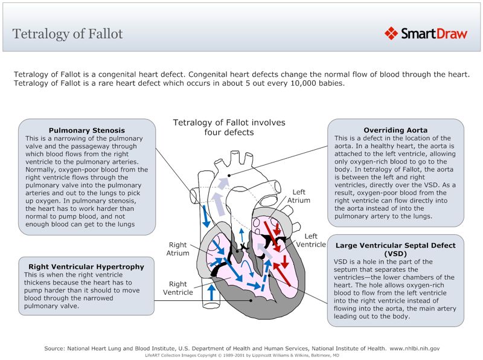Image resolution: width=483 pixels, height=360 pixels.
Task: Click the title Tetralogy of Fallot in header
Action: point(68,33)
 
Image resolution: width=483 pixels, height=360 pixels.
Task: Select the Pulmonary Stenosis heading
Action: point(86,130)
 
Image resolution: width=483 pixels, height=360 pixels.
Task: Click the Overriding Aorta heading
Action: point(395,130)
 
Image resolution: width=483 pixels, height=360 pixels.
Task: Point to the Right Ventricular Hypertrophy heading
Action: point(86,266)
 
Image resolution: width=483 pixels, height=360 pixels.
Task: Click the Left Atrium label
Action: point(298,196)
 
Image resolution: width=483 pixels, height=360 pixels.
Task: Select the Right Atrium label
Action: point(178,249)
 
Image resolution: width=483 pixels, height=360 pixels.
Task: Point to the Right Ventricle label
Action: point(178,288)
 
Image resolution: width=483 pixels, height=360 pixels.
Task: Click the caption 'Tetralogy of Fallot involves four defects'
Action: point(229,127)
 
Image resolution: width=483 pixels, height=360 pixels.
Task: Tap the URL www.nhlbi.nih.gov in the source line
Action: point(414,349)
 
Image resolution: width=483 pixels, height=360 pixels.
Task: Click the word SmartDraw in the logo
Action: point(433,34)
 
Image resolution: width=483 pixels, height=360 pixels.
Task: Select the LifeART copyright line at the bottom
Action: point(241,356)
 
